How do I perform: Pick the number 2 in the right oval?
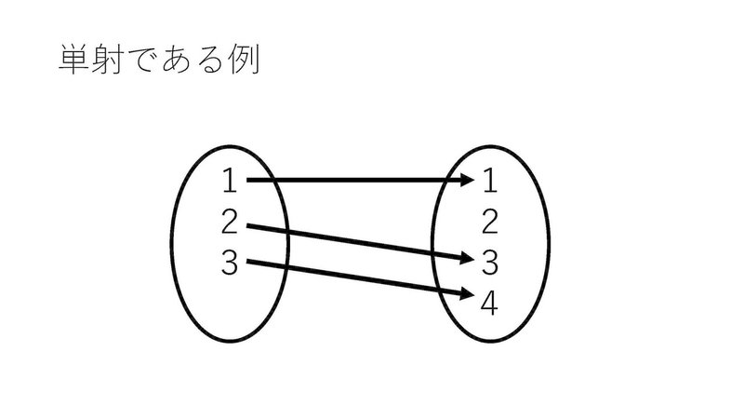coord(491,222)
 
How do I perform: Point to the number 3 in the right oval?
coord(491,264)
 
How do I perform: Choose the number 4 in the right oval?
coord(491,304)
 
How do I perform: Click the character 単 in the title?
coord(74,61)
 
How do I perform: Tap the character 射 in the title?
coord(112,61)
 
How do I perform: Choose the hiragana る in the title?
coord(216,61)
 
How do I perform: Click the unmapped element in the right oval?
coord(491,222)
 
